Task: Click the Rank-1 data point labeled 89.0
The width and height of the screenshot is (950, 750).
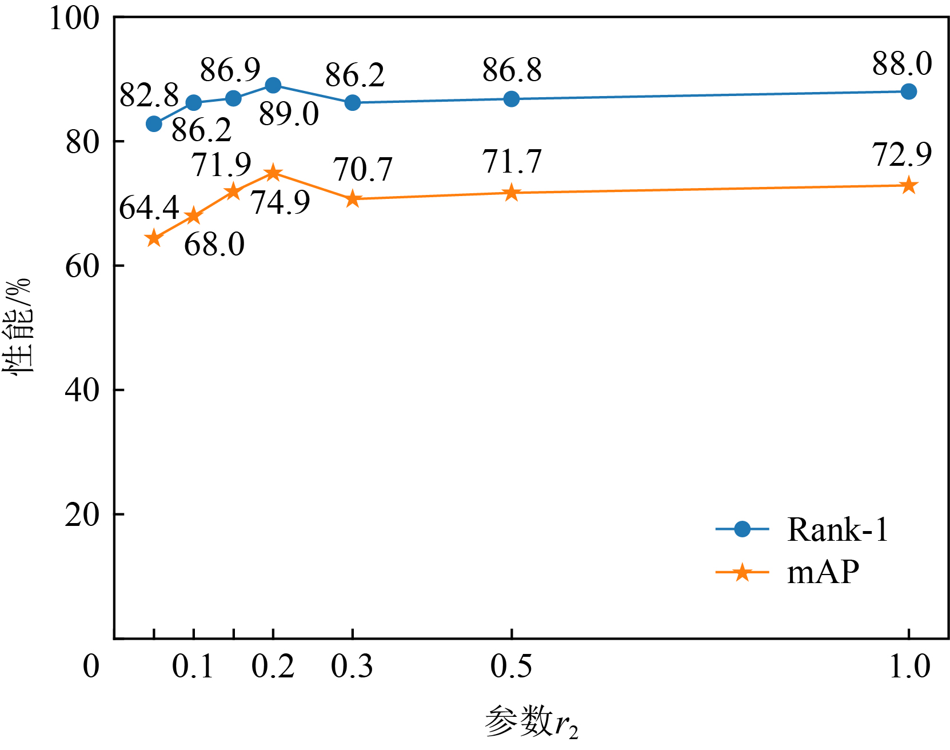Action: (273, 86)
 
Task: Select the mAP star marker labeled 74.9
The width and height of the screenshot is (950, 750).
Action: (273, 173)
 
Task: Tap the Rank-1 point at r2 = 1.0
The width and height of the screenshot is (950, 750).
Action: (908, 91)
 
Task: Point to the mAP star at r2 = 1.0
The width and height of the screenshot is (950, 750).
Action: (908, 186)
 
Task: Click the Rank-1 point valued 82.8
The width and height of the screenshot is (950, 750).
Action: (154, 123)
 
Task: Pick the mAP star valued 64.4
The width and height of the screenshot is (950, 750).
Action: (154, 238)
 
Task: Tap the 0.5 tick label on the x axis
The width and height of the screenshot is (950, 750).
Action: (511, 667)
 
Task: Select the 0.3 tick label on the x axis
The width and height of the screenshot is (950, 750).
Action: (352, 667)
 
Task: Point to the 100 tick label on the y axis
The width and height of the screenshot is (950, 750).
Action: (75, 18)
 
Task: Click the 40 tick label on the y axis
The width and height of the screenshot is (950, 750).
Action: (82, 390)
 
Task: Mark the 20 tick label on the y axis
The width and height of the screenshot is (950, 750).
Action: (82, 514)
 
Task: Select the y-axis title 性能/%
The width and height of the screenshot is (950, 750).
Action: (17, 326)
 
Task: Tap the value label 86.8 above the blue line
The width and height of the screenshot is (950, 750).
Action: (512, 71)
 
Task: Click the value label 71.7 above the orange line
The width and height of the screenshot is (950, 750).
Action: (512, 162)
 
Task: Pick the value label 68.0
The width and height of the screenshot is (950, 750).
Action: (214, 245)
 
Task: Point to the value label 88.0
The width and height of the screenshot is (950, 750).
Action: (902, 64)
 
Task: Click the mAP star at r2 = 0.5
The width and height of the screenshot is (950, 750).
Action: (512, 193)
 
